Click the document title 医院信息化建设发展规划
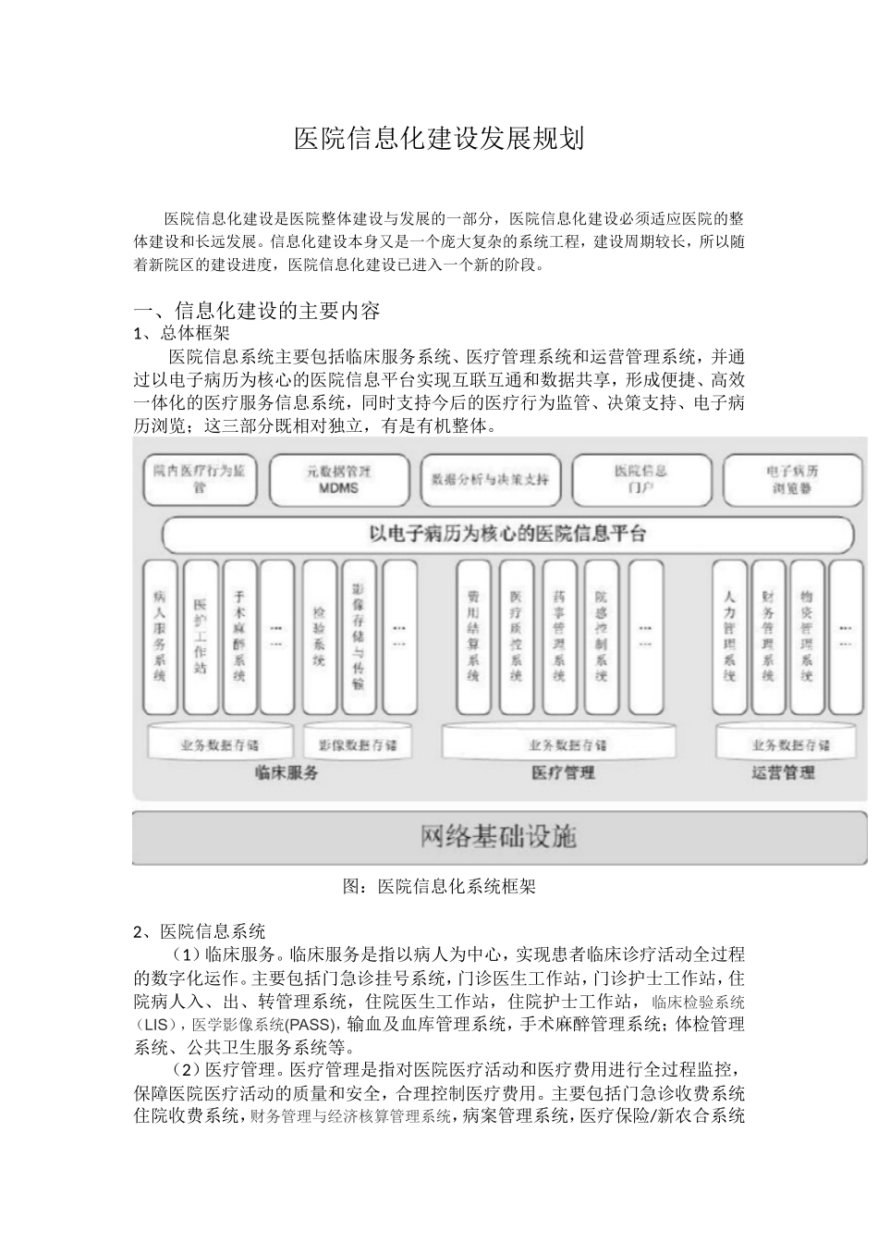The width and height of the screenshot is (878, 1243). (439, 140)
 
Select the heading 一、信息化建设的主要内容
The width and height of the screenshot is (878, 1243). (257, 311)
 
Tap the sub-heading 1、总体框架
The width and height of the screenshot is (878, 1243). (182, 334)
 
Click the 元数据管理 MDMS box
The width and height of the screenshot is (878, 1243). (338, 480)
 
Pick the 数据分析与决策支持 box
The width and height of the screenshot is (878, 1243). (490, 480)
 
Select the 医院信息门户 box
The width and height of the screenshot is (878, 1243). (640, 480)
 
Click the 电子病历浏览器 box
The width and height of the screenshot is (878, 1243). (792, 480)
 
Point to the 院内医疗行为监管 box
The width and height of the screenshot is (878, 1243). (199, 480)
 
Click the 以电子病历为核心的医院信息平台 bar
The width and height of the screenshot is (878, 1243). (507, 535)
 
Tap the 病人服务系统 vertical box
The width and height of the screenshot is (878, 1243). (160, 637)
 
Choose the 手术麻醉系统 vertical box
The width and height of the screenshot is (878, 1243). (238, 637)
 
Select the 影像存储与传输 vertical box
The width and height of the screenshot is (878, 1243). (359, 637)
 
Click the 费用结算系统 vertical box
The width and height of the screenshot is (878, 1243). (473, 637)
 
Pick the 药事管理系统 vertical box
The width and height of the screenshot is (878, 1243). (558, 637)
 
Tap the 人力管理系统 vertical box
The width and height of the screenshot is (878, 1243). (729, 637)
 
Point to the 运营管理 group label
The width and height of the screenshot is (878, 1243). (783, 773)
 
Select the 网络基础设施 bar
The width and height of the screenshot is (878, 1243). (499, 838)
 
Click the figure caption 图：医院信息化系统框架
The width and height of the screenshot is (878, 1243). (439, 887)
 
